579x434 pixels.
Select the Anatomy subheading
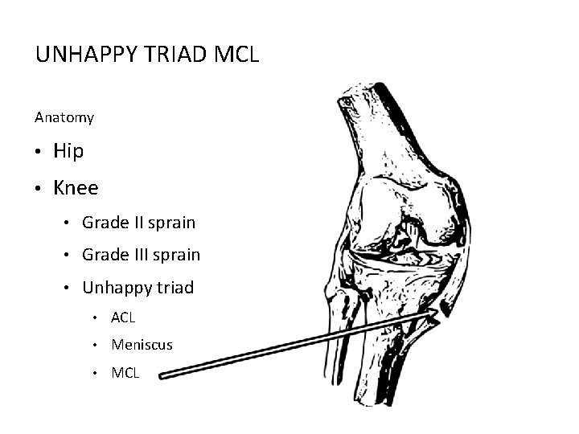click(64, 117)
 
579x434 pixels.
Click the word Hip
click(68, 151)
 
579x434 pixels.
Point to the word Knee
click(76, 188)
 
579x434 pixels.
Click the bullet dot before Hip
click(39, 152)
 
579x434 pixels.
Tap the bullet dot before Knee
click(39, 189)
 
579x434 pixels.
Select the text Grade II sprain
click(138, 222)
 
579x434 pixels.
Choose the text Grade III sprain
click(141, 255)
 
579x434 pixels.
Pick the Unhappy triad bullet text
click(138, 288)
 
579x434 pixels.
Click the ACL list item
click(123, 318)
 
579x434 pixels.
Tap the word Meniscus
click(142, 345)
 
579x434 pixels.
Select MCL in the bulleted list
click(125, 372)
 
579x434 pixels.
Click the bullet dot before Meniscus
click(96, 346)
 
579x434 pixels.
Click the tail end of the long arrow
click(163, 374)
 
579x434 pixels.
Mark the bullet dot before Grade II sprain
click(69, 223)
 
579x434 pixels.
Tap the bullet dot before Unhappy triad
click(69, 289)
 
